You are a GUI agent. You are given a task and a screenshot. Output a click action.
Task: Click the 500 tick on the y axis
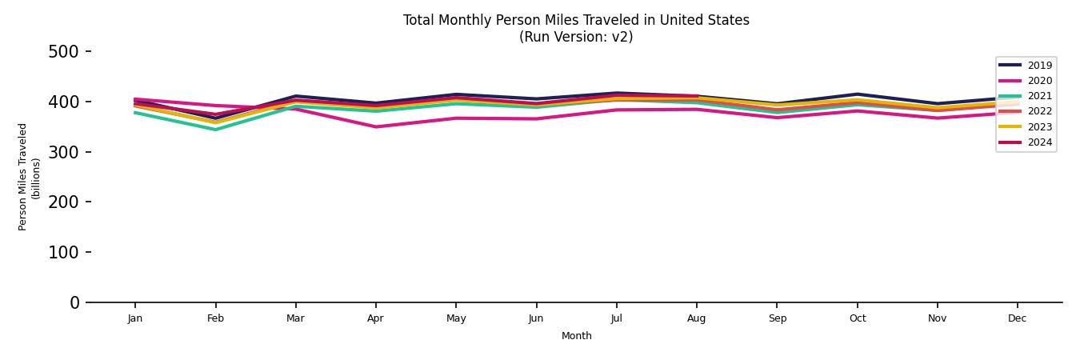pyautogui.click(x=63, y=52)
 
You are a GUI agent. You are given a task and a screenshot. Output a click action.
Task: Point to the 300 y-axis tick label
pyautogui.click(x=63, y=152)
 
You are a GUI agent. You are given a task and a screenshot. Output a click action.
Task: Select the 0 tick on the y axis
pyautogui.click(x=74, y=302)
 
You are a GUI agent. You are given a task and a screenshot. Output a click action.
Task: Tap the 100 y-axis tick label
pyautogui.click(x=63, y=252)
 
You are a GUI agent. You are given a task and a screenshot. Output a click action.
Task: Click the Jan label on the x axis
pyautogui.click(x=135, y=318)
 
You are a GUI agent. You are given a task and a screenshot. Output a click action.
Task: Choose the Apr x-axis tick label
pyautogui.click(x=375, y=318)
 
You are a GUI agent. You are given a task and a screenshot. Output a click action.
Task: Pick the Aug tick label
pyautogui.click(x=697, y=318)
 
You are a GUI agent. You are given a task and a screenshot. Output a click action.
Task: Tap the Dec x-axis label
pyautogui.click(x=1017, y=318)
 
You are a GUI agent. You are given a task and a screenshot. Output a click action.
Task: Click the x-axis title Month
pyautogui.click(x=576, y=336)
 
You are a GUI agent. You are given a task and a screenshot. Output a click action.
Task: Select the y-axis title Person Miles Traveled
pyautogui.click(x=23, y=177)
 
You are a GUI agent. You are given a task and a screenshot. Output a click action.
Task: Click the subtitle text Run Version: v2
pyautogui.click(x=576, y=37)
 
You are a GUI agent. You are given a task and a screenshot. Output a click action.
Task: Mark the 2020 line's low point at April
pyautogui.click(x=375, y=126)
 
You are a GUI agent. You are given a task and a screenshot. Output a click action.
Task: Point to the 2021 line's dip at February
pyautogui.click(x=215, y=130)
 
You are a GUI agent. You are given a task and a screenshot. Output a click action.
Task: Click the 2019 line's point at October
pyautogui.click(x=857, y=94)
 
